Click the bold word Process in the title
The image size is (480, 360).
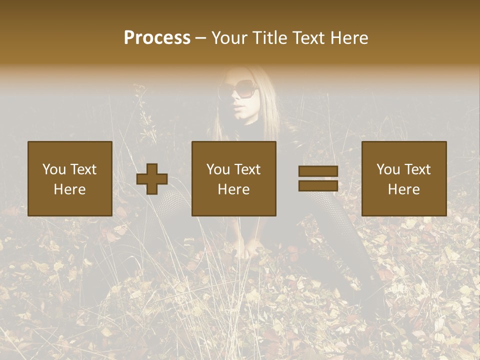click(157, 38)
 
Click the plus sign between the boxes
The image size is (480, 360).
click(152, 179)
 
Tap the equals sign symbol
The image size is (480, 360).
click(318, 178)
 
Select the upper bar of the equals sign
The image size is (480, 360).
click(318, 171)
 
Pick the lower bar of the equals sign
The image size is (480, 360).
click(318, 185)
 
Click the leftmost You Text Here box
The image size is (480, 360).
click(70, 178)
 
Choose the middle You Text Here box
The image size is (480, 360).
click(234, 178)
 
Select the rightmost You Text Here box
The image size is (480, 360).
click(404, 178)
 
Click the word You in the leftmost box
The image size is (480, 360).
click(53, 169)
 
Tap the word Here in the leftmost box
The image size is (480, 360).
click(70, 189)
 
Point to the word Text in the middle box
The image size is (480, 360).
click(247, 169)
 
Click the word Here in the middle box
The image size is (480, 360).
click(234, 189)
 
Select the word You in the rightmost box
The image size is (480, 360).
click(387, 169)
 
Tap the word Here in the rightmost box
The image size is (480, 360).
click(404, 189)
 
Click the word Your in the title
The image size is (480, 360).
click(228, 38)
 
